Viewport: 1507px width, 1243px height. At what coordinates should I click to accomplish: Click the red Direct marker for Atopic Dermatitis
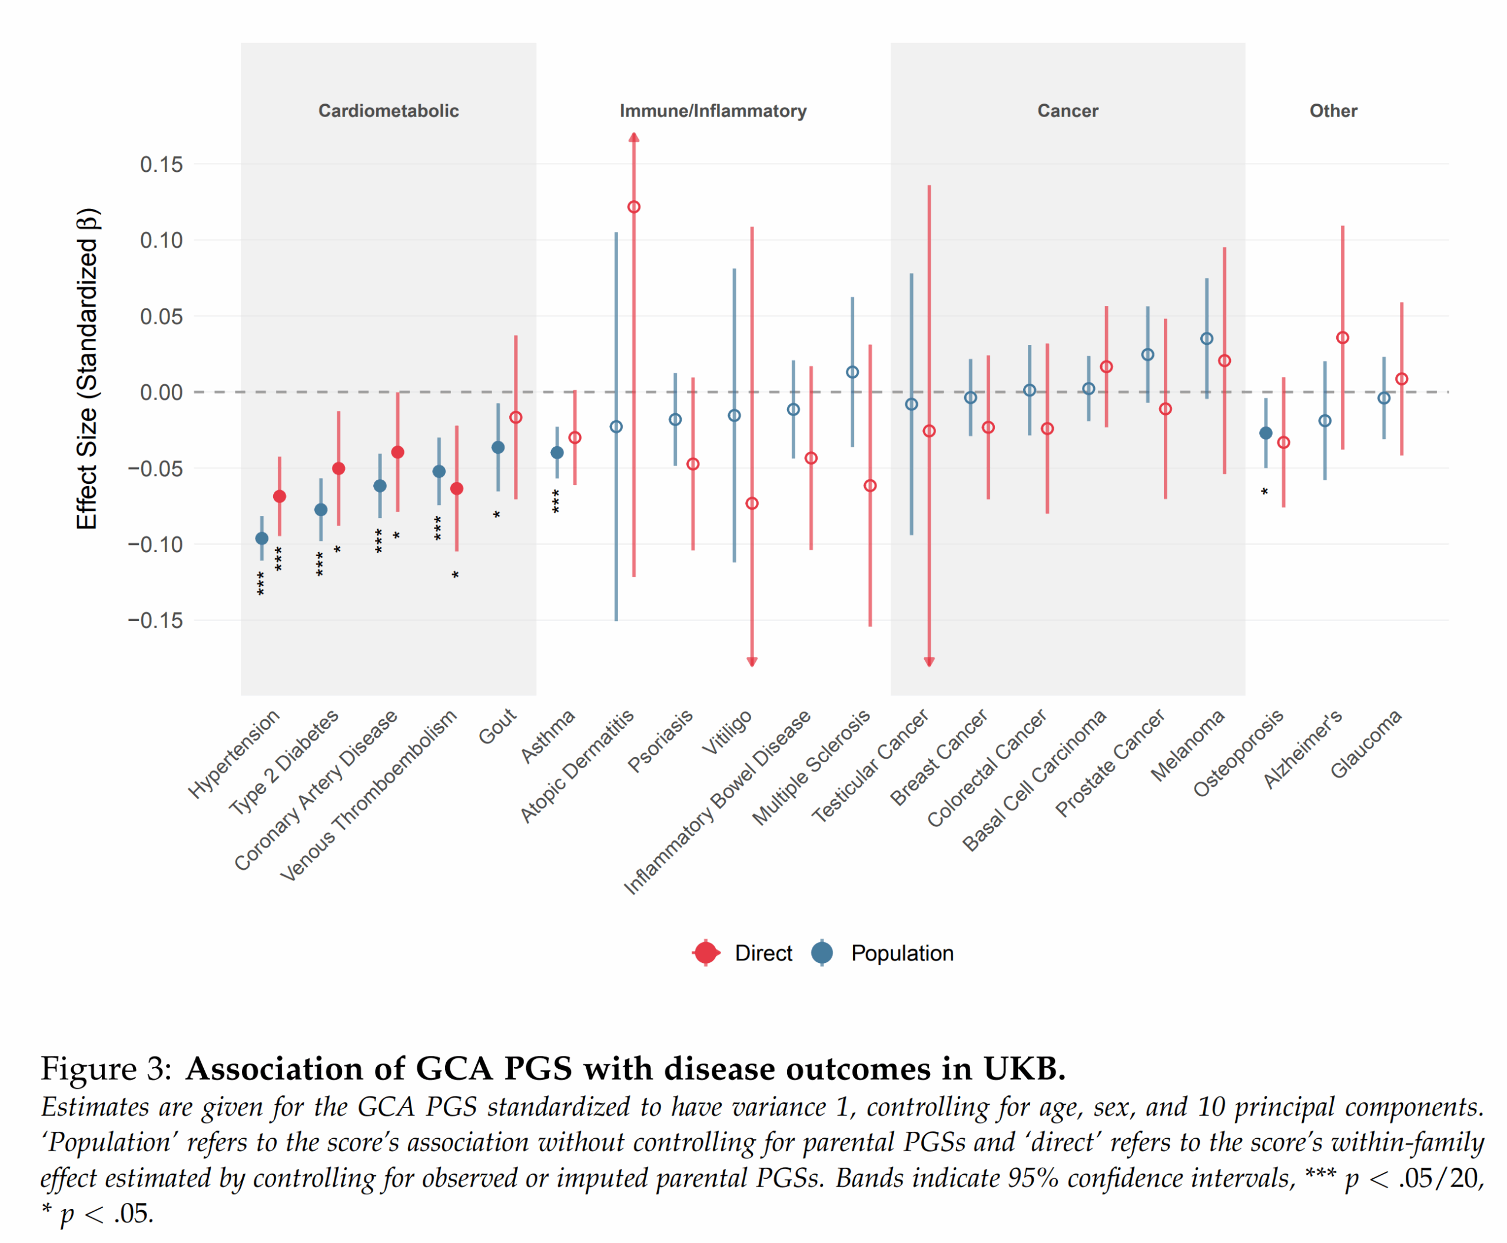(x=633, y=207)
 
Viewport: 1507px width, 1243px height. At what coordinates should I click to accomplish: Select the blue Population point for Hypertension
(x=261, y=538)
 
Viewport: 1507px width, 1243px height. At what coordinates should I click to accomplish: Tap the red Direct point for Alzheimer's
(x=1342, y=337)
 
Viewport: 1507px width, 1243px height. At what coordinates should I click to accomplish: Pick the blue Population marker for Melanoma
(x=1206, y=338)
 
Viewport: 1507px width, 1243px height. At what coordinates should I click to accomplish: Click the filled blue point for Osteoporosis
(x=1265, y=433)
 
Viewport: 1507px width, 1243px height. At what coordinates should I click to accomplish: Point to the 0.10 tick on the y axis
(x=161, y=240)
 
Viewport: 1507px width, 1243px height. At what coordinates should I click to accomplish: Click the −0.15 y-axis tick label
(x=155, y=620)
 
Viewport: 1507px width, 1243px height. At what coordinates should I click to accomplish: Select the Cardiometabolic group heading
(x=388, y=111)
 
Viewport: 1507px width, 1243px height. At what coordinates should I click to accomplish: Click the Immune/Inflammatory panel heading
(x=713, y=111)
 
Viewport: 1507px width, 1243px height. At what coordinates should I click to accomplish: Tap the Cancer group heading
(x=1067, y=111)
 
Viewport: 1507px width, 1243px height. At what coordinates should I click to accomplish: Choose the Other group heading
(x=1333, y=111)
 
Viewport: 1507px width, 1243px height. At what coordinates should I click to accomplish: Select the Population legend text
(x=902, y=953)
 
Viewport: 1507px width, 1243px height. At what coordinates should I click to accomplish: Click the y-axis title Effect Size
(x=87, y=369)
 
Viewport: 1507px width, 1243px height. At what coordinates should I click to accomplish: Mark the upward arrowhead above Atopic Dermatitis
(x=633, y=138)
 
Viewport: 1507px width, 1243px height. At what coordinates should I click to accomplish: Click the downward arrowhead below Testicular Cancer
(x=928, y=662)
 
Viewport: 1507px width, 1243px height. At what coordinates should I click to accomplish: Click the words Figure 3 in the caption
(x=106, y=1068)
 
